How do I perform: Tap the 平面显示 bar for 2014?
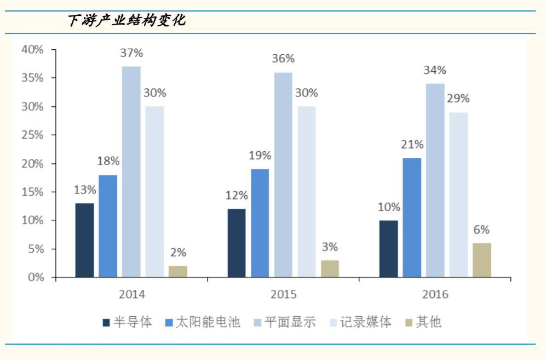[131, 172]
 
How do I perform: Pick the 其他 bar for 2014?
[177, 271]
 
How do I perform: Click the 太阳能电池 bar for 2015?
[260, 223]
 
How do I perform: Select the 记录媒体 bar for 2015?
[307, 192]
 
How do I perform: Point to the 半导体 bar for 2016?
[388, 249]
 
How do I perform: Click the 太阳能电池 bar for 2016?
[412, 218]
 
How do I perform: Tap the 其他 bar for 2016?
[482, 260]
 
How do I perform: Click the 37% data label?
[131, 53]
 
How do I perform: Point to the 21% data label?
[412, 145]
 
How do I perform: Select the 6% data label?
[482, 230]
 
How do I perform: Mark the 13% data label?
[85, 190]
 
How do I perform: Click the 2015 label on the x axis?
[283, 294]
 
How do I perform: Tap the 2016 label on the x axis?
[435, 294]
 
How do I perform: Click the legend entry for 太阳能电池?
[202, 322]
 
